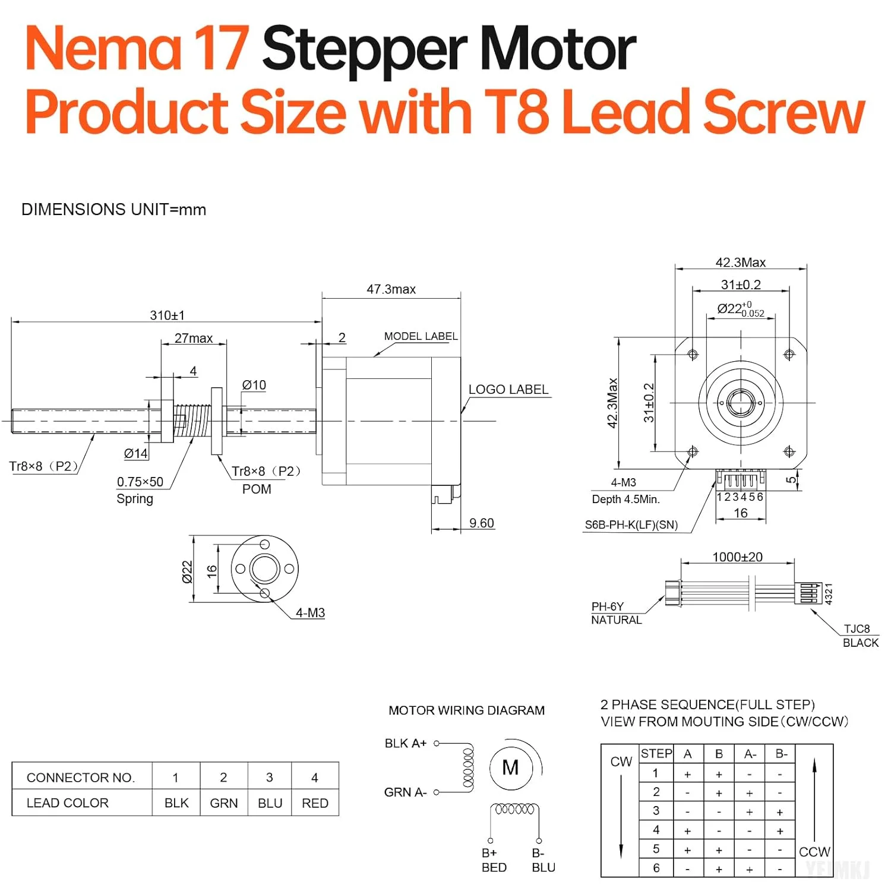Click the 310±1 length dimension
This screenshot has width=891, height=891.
167,315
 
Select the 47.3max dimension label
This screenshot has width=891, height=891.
391,289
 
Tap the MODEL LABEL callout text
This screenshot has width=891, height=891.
421,336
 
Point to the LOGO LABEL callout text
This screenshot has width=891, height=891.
508,390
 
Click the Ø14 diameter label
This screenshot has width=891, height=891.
135,454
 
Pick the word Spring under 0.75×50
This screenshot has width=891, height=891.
135,499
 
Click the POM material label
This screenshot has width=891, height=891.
257,489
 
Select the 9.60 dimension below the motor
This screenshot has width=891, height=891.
481,523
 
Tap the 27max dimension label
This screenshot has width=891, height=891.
193,338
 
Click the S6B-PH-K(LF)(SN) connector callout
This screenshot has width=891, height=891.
631,525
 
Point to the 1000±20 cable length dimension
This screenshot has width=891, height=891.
737,557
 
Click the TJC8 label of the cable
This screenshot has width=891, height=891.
857,629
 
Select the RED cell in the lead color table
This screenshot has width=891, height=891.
315,803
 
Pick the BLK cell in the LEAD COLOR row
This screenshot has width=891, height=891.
176,803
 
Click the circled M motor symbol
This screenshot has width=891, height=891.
510,768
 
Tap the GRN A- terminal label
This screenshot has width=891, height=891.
405,792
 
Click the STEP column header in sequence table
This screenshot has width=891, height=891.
656,754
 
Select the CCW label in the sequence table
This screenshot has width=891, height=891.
814,852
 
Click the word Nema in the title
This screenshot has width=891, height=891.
103,49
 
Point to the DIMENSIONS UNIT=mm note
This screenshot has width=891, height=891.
113,210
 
